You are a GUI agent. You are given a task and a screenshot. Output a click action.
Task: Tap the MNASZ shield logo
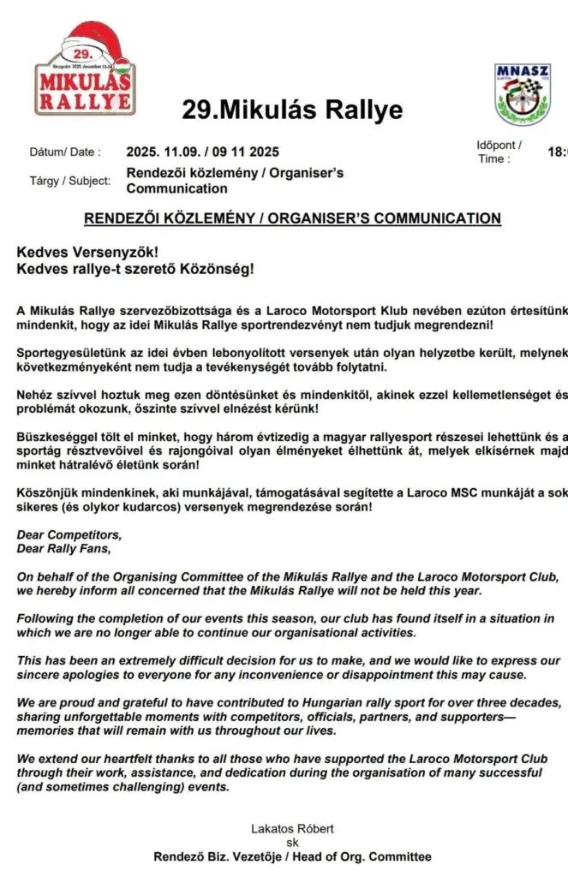pos(522,94)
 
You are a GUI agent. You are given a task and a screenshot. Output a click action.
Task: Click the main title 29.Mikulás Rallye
pos(292,110)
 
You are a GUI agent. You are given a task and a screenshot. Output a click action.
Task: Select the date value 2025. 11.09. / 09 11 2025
pos(202,152)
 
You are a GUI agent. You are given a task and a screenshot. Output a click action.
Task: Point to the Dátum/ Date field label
pos(64,152)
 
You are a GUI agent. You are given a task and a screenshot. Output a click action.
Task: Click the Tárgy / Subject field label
pos(69,181)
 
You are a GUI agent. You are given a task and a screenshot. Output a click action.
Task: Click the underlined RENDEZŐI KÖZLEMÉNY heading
pos(292,218)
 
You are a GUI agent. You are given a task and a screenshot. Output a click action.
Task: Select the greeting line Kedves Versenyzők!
pos(79,253)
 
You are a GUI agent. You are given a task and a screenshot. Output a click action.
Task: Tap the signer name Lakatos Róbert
pos(292,828)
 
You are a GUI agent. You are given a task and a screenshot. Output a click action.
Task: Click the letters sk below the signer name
pos(292,843)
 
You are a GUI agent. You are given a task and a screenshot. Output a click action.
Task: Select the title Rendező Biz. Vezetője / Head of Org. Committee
pos(292,856)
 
